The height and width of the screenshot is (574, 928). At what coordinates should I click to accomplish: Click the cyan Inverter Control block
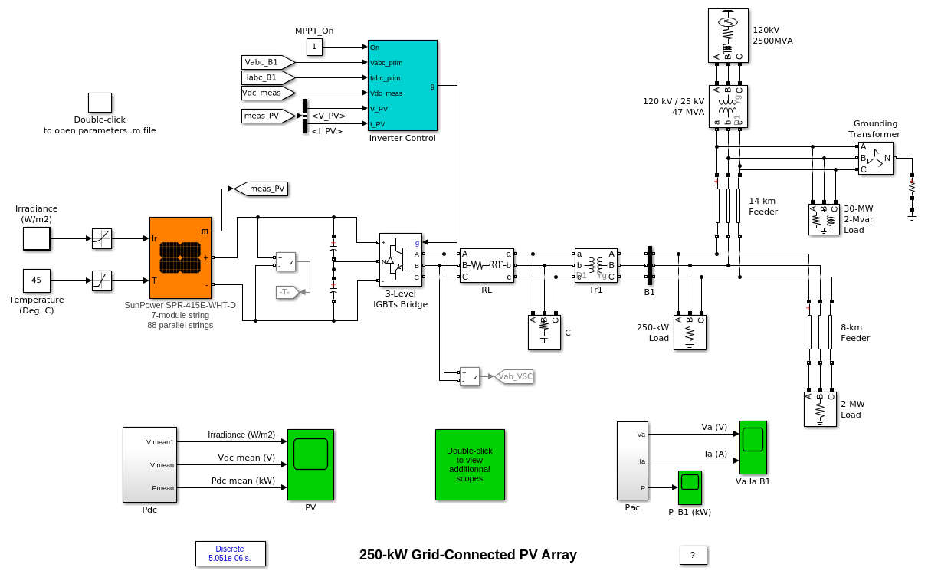402,85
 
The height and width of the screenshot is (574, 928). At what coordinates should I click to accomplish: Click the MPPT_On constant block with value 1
314,48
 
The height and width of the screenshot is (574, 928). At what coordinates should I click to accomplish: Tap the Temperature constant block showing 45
36,280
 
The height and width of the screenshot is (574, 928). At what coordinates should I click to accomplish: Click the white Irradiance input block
36,238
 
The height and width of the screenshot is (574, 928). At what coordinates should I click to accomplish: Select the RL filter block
487,265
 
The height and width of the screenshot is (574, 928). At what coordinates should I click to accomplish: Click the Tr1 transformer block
595,265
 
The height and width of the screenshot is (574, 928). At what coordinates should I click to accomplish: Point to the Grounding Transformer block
875,158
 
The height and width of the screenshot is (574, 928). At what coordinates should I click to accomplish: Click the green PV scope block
310,464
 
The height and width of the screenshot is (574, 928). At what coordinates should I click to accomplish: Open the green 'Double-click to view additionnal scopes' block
470,464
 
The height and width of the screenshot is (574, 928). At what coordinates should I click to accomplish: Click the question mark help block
693,555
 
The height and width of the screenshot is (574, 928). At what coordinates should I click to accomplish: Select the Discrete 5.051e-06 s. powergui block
230,553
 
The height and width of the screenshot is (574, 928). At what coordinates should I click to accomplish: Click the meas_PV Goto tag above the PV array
261,189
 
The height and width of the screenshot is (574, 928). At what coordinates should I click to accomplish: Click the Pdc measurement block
149,464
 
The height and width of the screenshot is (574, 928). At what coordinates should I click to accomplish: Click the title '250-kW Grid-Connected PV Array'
467,555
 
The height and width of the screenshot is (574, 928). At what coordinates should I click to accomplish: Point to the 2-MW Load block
819,409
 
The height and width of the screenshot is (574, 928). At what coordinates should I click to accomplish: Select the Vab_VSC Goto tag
514,376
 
